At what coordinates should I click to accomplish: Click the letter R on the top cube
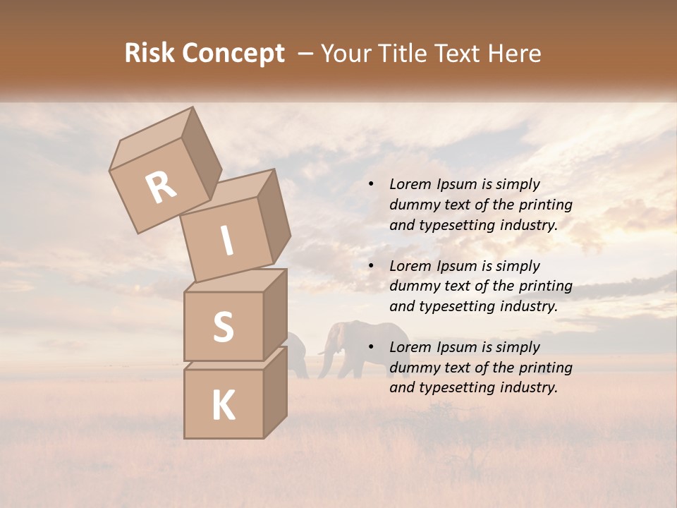pyautogui.click(x=161, y=187)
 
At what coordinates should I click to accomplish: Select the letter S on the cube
pyautogui.click(x=223, y=327)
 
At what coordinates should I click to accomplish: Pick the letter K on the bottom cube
pyautogui.click(x=223, y=406)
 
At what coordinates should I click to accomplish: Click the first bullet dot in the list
pyautogui.click(x=371, y=185)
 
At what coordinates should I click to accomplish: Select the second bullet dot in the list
pyautogui.click(x=371, y=266)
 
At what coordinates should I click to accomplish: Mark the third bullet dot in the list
pyautogui.click(x=371, y=348)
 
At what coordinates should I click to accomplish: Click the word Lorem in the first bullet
pyautogui.click(x=409, y=184)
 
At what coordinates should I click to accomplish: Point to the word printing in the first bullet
pyautogui.click(x=546, y=205)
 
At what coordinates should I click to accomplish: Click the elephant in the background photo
pyautogui.click(x=363, y=346)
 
